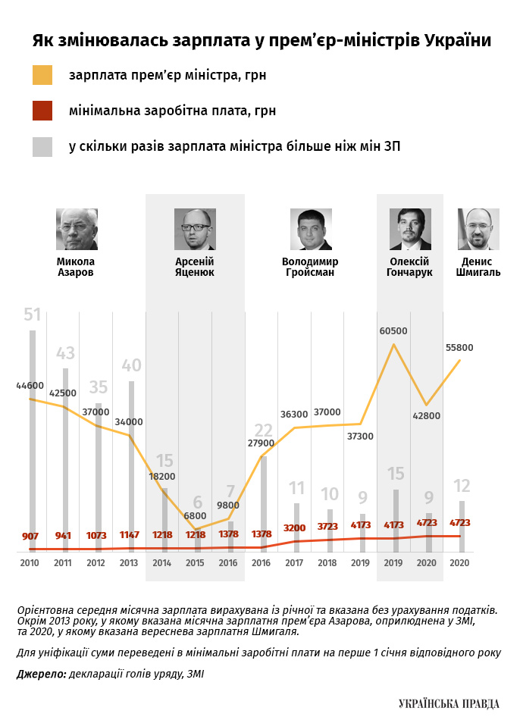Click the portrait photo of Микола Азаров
77,230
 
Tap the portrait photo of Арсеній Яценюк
195,230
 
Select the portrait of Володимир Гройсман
311,230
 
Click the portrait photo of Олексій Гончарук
410,230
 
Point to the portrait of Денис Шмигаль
478,230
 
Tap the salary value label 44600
30,386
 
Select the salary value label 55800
459,348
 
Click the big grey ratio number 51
32,315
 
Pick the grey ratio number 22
263,432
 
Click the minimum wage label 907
30,537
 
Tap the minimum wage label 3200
296,527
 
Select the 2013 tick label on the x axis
129,564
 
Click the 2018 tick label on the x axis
327,564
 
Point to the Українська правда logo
449,704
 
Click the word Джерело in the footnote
39,673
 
